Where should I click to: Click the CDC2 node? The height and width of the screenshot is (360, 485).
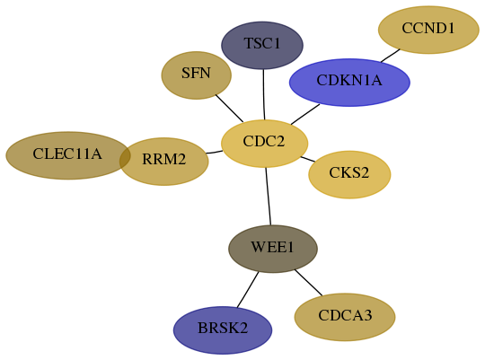(264, 144)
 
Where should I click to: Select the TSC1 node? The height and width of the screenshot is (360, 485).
(262, 45)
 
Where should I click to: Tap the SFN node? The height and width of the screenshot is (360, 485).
(197, 75)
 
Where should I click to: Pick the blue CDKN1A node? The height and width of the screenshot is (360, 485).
(349, 83)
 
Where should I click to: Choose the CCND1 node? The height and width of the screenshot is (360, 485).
(428, 30)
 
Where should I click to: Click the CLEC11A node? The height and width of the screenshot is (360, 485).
(67, 155)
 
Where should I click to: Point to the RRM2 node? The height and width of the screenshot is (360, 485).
(164, 162)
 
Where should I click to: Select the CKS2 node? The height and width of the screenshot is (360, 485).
(349, 174)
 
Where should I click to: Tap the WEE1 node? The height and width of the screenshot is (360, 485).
(273, 249)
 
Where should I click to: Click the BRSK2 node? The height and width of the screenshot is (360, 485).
(223, 330)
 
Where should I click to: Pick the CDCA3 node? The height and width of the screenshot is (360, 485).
(345, 317)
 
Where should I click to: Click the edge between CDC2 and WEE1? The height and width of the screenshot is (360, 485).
(269, 197)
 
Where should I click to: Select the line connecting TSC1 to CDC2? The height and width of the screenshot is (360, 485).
(264, 94)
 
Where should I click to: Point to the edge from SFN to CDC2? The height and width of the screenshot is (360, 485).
(229, 109)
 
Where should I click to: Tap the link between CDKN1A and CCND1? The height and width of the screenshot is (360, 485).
(390, 56)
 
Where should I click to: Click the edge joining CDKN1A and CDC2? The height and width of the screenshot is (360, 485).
(305, 114)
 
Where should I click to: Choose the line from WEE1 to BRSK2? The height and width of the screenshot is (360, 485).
(248, 290)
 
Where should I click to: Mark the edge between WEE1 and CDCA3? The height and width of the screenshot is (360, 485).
(308, 283)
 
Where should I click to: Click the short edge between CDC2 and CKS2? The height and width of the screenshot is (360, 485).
(308, 159)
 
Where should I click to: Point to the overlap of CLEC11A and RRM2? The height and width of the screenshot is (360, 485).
(125, 158)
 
